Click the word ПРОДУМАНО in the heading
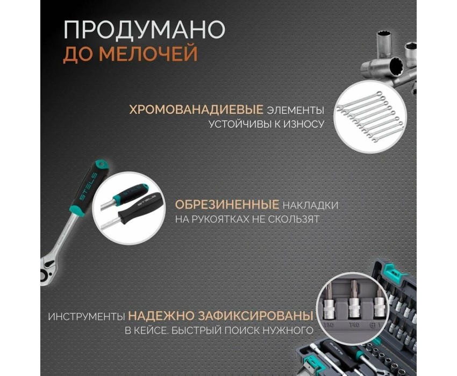coord(144,30)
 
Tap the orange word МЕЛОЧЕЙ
coord(148,53)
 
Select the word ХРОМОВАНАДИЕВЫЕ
coord(196,110)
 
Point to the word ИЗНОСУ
coord(303,124)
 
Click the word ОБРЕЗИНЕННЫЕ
coord(227,205)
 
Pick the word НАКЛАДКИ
coord(311,205)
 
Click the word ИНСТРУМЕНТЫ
coord(87,316)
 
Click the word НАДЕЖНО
coord(161,316)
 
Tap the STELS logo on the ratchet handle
coord(88,186)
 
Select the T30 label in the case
coord(329,324)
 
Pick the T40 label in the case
coord(354,324)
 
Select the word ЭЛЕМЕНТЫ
coord(296,110)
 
